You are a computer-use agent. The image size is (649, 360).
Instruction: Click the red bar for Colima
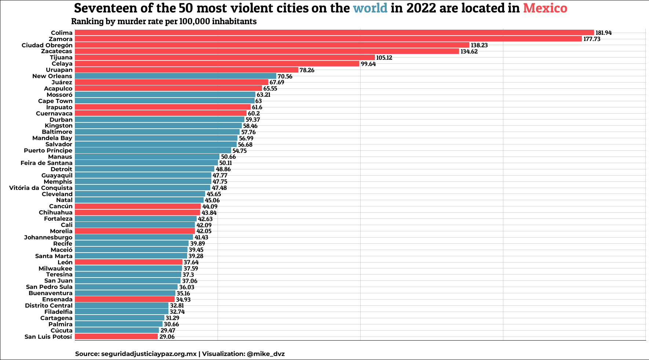pyautogui.click(x=334, y=33)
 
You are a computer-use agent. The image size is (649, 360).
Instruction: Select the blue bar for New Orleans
pyautogui.click(x=175, y=76)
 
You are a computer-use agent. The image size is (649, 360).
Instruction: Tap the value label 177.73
pyautogui.click(x=592, y=39)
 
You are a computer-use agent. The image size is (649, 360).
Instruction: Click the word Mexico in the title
pyautogui.click(x=545, y=8)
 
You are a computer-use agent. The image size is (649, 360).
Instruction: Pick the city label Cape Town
pyautogui.click(x=55, y=101)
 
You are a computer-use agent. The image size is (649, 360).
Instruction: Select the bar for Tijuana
pyautogui.click(x=225, y=58)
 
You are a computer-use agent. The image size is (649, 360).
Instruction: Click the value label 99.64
pyautogui.click(x=368, y=64)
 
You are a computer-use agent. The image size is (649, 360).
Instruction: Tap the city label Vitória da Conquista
pyautogui.click(x=41, y=188)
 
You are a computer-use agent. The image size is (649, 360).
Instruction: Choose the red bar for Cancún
pyautogui.click(x=138, y=206)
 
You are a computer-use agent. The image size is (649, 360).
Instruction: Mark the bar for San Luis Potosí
pyautogui.click(x=116, y=337)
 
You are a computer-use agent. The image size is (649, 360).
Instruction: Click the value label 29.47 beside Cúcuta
pyautogui.click(x=168, y=331)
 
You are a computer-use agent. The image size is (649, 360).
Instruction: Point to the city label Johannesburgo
pyautogui.click(x=48, y=237)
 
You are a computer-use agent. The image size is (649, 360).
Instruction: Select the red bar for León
pyautogui.click(x=128, y=262)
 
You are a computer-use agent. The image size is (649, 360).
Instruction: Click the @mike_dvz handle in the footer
pyautogui.click(x=266, y=354)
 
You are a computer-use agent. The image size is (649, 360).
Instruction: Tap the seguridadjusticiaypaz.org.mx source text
pyautogui.click(x=149, y=354)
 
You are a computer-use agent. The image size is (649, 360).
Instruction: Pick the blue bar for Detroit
pyautogui.click(x=145, y=169)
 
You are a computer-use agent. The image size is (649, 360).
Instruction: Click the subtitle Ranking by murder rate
pyautogui.click(x=164, y=21)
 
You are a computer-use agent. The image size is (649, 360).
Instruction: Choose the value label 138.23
pyautogui.click(x=479, y=45)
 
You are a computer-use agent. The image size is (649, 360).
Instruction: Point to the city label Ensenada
pyautogui.click(x=57, y=300)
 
